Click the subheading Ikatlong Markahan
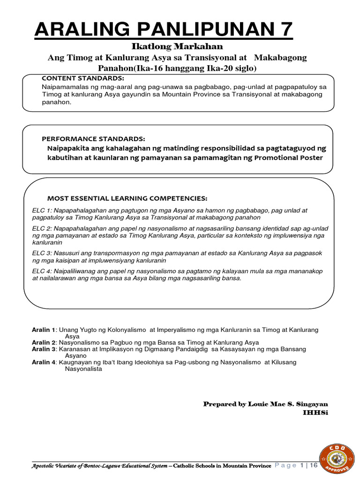(x=176, y=47)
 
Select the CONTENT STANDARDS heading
(x=83, y=78)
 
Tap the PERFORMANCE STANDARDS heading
(x=93, y=139)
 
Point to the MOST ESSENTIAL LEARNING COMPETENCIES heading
(x=127, y=198)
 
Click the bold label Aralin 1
(x=43, y=330)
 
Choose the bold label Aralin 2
(x=43, y=343)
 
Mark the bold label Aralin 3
(x=43, y=349)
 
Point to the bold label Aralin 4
(x=43, y=362)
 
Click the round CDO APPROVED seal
(x=334, y=457)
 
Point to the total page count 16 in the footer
(x=314, y=465)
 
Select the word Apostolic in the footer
(x=44, y=466)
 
